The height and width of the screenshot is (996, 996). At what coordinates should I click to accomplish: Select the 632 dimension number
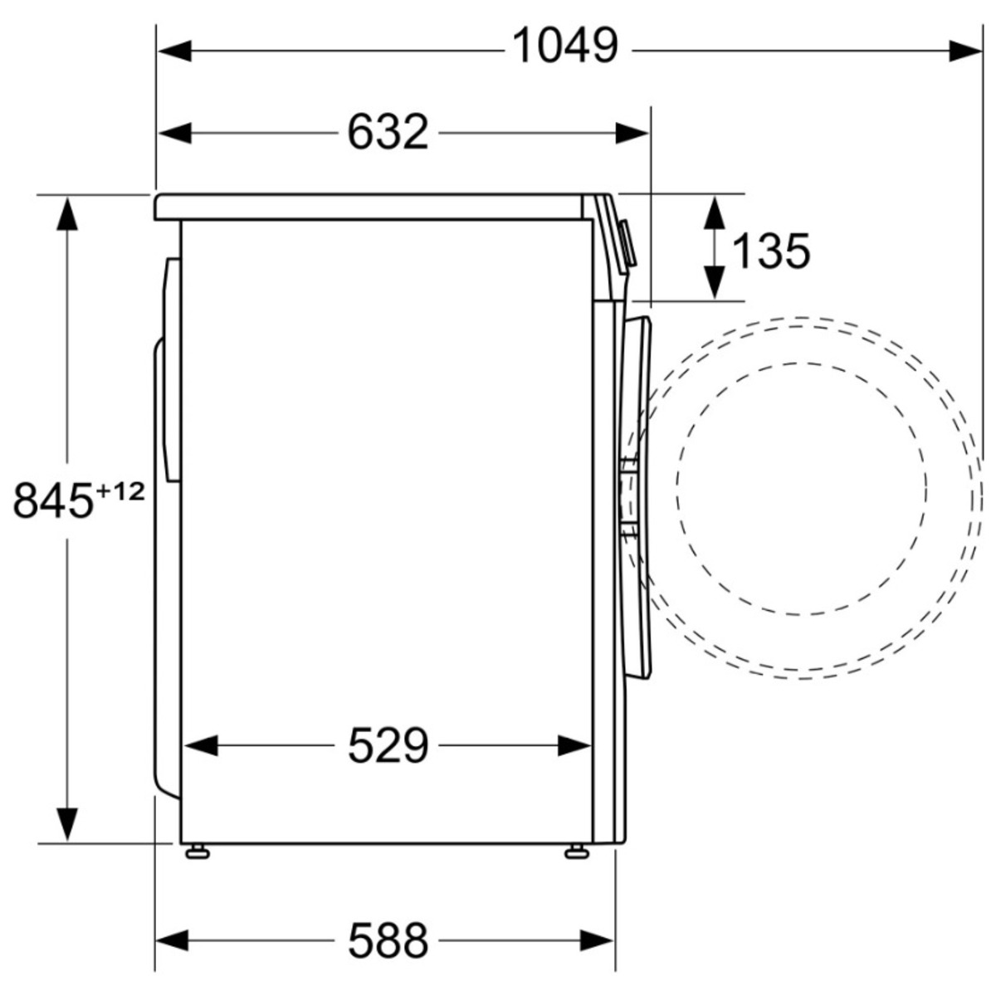[388, 132]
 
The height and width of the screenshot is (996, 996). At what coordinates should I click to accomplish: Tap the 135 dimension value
[771, 251]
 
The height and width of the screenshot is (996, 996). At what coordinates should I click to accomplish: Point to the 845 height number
[53, 500]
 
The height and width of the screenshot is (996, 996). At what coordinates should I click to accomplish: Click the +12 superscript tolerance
[120, 491]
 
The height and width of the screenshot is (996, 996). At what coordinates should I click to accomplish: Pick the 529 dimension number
[388, 745]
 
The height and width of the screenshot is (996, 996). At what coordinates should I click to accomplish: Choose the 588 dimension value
[388, 940]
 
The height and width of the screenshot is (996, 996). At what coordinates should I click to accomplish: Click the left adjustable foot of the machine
[197, 852]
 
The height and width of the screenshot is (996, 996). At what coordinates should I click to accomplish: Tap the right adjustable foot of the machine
[574, 852]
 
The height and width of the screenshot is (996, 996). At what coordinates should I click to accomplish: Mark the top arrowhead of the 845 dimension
[67, 212]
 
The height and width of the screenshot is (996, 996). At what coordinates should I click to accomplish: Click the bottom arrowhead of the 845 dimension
[67, 823]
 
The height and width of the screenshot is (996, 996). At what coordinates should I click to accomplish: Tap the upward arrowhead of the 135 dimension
[714, 212]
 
